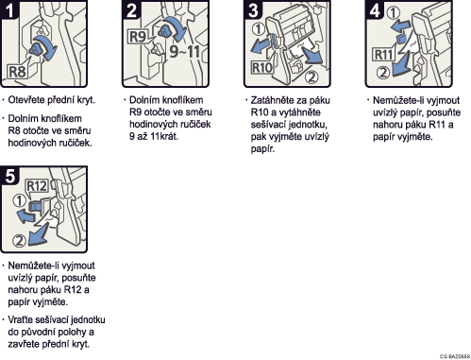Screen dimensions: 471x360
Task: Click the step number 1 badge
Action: pos(9,9)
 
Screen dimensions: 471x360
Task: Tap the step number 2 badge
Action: pos(131,9)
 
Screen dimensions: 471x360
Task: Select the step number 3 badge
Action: pos(253,9)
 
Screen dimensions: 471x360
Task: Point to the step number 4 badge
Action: pos(375,9)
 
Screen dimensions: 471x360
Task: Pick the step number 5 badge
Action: pos(9,175)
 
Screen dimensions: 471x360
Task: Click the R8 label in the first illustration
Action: pos(17,72)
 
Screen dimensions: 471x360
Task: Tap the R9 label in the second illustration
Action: pos(138,36)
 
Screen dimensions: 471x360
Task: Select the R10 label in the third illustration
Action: pos(262,67)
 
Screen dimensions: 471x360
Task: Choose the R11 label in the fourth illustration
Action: pos(383,55)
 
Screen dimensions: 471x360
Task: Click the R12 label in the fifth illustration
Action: pos(37,186)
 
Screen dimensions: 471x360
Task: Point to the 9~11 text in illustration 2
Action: pos(184,51)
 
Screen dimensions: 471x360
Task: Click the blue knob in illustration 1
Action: pos(37,49)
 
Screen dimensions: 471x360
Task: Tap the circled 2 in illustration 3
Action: pos(311,77)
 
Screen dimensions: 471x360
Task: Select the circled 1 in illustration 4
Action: pos(394,12)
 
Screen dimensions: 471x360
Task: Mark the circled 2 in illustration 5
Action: pos(19,241)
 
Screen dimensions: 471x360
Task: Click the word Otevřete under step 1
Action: pos(26,100)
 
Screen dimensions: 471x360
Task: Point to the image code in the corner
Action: pos(455,356)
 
